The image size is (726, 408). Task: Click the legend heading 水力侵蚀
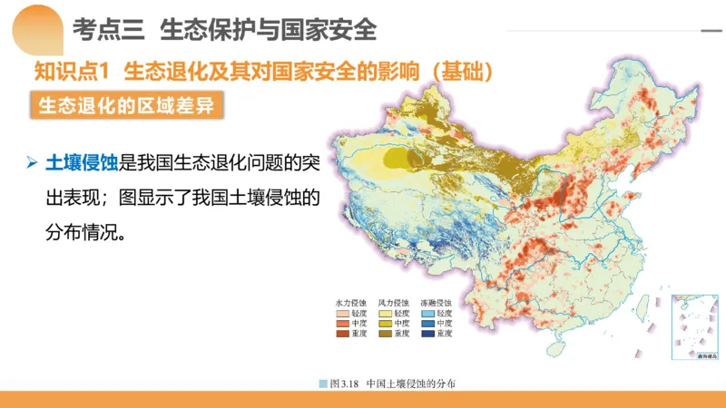350,302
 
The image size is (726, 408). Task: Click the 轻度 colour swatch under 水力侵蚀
342,313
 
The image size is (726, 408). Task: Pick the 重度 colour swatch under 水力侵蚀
342,334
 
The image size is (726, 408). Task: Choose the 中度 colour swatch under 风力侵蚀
385,324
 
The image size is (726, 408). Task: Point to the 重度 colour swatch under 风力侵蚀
385,334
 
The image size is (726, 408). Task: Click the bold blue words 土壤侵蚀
82,164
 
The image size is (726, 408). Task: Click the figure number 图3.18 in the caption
345,384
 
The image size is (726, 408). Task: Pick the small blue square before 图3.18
323,384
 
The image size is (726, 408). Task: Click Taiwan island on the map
643,308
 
